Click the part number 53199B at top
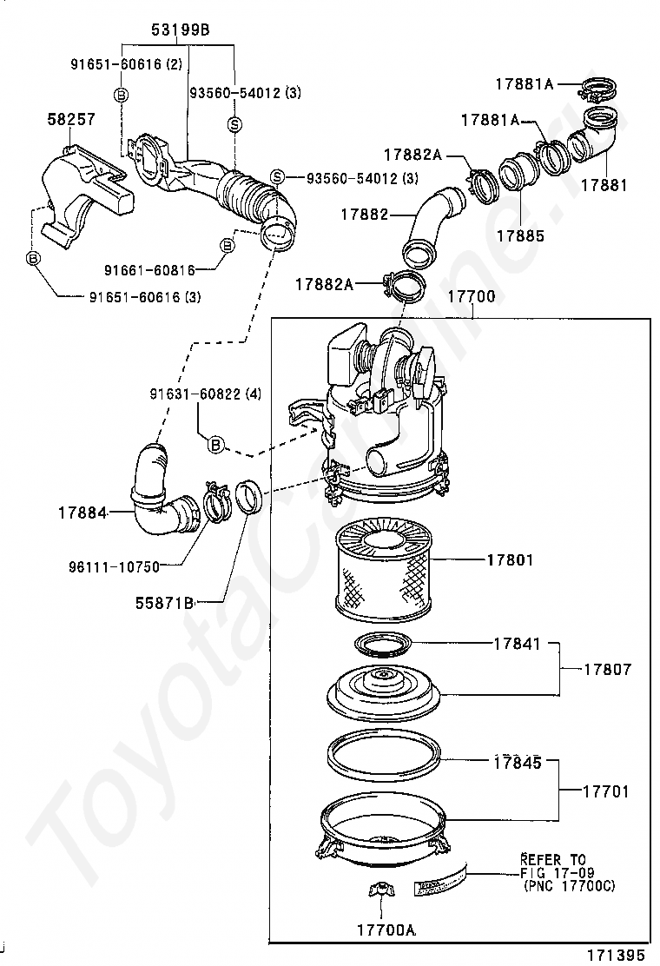[x=181, y=30]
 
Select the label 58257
[x=71, y=120]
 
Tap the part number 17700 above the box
[x=471, y=297]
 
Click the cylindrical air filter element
[x=383, y=573]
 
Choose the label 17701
[x=605, y=792]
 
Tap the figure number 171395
[x=616, y=954]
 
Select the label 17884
[x=82, y=513]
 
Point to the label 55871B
[x=164, y=600]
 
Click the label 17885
[x=520, y=235]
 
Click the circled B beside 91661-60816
[x=226, y=246]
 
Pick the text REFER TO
[x=553, y=858]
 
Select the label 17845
[x=517, y=763]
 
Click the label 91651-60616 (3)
[x=144, y=297]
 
